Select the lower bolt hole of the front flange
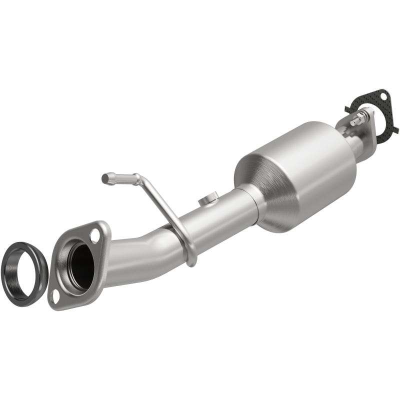pos(56,296)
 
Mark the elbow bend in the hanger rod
pos(137,177)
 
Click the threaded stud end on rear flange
pos(352,122)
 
